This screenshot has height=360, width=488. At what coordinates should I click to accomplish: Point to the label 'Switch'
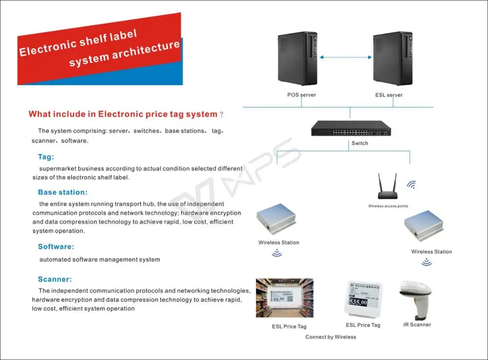[x=360, y=144]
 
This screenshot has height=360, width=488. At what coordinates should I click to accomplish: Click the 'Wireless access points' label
[x=388, y=206]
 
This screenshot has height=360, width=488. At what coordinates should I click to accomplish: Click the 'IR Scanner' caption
[x=417, y=324]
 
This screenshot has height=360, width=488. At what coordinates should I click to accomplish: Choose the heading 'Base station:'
[x=62, y=192]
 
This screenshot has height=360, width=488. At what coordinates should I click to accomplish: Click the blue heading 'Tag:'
[x=46, y=157]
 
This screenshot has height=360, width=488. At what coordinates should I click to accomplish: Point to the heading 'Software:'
[x=56, y=247]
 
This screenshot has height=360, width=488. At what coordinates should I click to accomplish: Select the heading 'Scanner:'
[x=55, y=279]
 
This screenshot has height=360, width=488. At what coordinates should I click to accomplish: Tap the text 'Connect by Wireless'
[x=331, y=337]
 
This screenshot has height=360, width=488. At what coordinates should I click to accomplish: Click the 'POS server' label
[x=301, y=95]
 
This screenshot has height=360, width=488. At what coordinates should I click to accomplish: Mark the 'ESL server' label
[x=389, y=95]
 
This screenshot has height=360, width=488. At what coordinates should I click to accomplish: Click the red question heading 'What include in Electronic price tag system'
[x=122, y=114]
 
